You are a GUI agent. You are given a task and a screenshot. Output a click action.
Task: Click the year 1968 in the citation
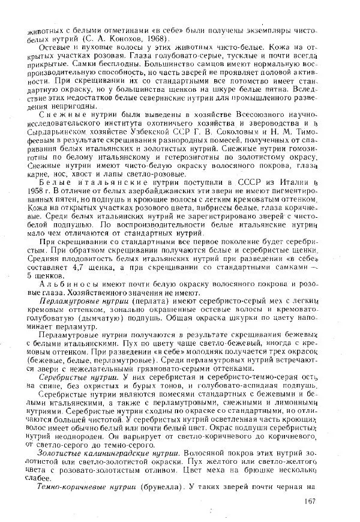point(157,38)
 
